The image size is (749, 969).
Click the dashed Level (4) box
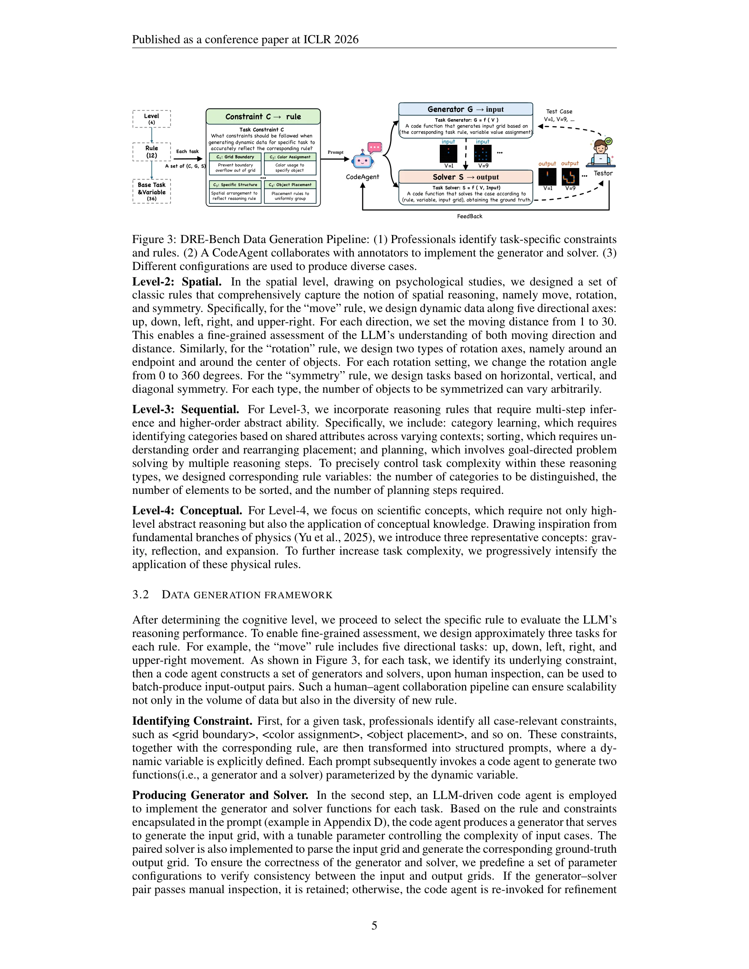coord(151,119)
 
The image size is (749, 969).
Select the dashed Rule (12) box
coord(151,152)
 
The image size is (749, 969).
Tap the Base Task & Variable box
coord(151,191)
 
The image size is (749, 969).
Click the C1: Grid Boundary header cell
coord(235,157)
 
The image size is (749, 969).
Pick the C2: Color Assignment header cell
coord(290,157)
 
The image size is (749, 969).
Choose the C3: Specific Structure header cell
coord(235,185)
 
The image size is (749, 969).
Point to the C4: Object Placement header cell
coord(290,185)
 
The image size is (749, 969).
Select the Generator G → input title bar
coord(465,109)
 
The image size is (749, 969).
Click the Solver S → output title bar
coord(465,177)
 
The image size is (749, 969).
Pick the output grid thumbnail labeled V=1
coord(547,177)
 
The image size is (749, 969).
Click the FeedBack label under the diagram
coord(470,217)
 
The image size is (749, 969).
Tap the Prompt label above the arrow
coord(335,152)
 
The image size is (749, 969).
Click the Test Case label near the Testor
coord(559,112)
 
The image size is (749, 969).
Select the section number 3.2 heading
coord(140,595)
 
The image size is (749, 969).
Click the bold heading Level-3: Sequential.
coord(186,409)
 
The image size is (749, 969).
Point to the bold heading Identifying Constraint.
coord(192,721)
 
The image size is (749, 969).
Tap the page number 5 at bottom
coord(374,926)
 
